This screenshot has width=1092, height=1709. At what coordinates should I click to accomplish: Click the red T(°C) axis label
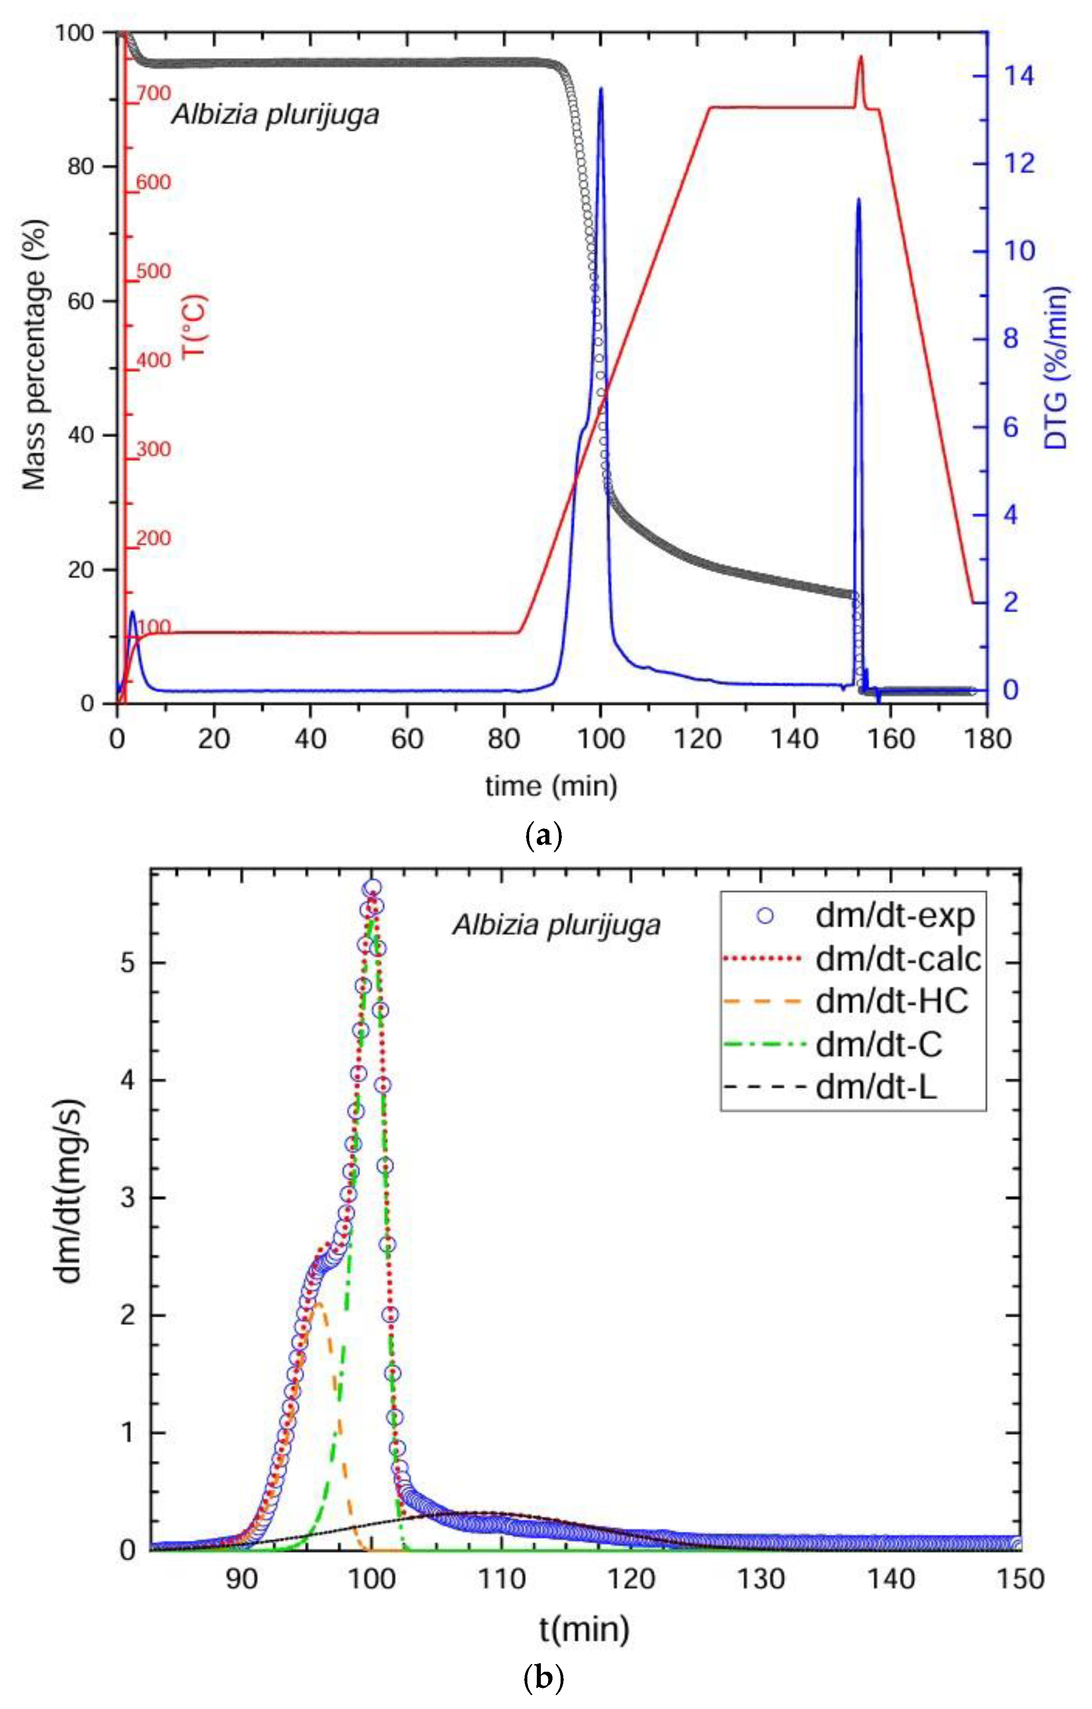[194, 326]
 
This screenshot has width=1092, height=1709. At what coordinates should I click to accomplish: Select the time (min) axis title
[551, 786]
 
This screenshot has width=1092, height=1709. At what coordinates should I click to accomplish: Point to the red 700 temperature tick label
[153, 93]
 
